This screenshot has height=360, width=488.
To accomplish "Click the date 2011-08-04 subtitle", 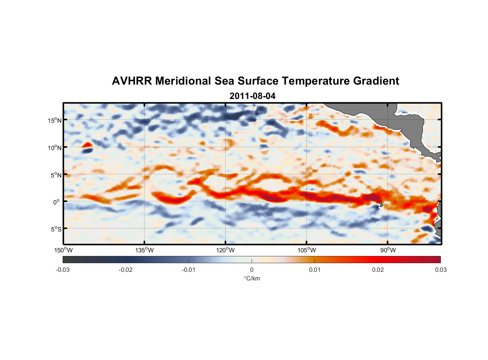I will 252,96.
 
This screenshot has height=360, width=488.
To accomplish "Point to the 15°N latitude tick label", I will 55,120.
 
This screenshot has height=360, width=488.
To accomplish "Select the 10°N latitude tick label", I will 55,148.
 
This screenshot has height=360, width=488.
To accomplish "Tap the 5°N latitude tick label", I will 56,175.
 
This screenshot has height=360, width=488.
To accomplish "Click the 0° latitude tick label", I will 57,202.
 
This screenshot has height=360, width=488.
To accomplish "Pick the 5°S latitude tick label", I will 56,229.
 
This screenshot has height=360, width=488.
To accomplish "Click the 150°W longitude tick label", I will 63,250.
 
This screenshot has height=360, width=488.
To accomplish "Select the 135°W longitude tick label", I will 144,250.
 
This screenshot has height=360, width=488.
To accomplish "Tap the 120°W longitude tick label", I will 225,250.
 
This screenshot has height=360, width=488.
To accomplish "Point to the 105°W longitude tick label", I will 307,250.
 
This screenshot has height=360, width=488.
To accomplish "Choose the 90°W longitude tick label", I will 388,250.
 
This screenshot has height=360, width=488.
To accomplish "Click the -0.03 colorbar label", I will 63,270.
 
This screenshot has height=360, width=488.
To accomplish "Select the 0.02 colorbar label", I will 378,270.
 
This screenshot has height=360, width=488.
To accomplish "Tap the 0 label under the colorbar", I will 252,270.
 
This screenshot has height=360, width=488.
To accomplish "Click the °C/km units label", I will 252,278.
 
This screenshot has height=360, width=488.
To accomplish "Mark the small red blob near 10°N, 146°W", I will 87,145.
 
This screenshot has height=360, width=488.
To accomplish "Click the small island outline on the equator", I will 381,204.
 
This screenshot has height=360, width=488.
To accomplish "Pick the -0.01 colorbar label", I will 188,270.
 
